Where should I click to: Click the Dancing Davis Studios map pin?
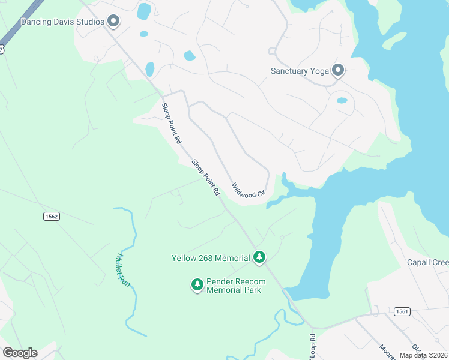(x=113, y=22)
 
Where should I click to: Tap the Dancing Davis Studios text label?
(x=62, y=22)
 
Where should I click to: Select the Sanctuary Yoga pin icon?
(x=338, y=71)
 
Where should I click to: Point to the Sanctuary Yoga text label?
(x=300, y=71)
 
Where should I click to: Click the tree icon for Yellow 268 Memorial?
(x=259, y=257)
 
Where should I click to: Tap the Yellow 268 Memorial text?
(x=211, y=258)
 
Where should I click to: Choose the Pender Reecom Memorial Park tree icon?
(x=197, y=285)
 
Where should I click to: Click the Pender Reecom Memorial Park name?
(x=234, y=285)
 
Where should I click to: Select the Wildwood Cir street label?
(x=248, y=191)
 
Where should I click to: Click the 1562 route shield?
(x=51, y=216)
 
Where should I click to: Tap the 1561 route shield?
(x=402, y=311)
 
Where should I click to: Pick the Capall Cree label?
(x=427, y=263)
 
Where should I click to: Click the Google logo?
(x=20, y=353)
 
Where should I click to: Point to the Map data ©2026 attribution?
(x=423, y=355)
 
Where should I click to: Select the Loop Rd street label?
(x=312, y=346)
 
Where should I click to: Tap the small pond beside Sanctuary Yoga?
(x=342, y=100)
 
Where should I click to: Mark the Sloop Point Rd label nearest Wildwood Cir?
(x=206, y=178)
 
